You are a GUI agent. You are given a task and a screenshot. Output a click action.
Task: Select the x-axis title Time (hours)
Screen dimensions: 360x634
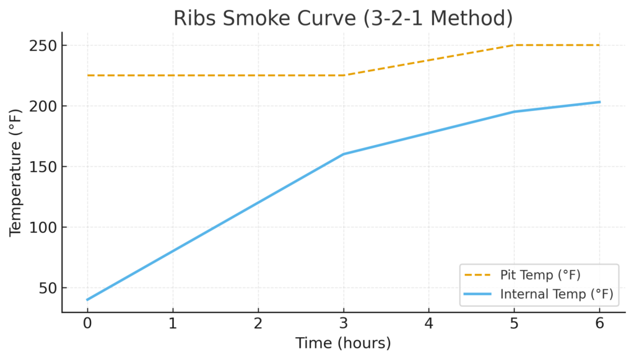coord(343,343)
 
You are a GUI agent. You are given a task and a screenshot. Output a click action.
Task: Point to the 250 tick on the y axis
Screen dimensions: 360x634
coord(43,46)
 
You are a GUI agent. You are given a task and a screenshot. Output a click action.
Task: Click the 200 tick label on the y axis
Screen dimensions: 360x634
coord(43,106)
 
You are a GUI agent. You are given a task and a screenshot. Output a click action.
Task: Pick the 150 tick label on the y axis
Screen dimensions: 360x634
coord(43,167)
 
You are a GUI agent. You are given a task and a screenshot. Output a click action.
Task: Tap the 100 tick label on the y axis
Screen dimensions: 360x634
coord(43,227)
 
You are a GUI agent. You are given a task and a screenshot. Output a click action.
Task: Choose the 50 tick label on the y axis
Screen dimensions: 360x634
coord(46,288)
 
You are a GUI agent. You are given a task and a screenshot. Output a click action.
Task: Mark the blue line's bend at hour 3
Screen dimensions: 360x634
coord(344,154)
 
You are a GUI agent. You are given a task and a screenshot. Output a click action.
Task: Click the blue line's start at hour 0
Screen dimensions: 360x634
coord(87,300)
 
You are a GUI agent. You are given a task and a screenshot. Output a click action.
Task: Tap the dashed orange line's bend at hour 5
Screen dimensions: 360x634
coord(515,45)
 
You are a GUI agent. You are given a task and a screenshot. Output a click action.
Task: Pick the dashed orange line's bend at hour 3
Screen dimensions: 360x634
coord(344,76)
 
